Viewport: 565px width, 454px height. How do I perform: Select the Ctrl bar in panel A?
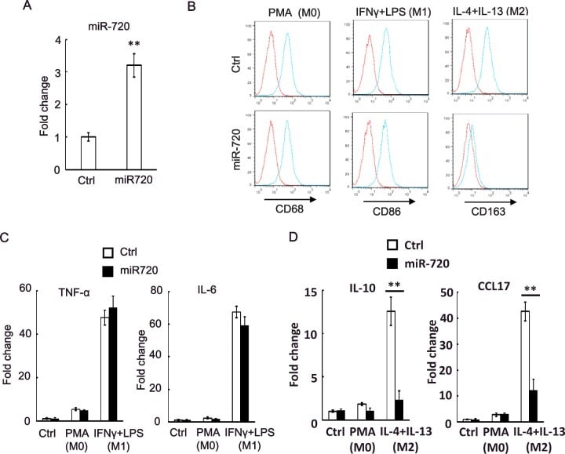point(88,152)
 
